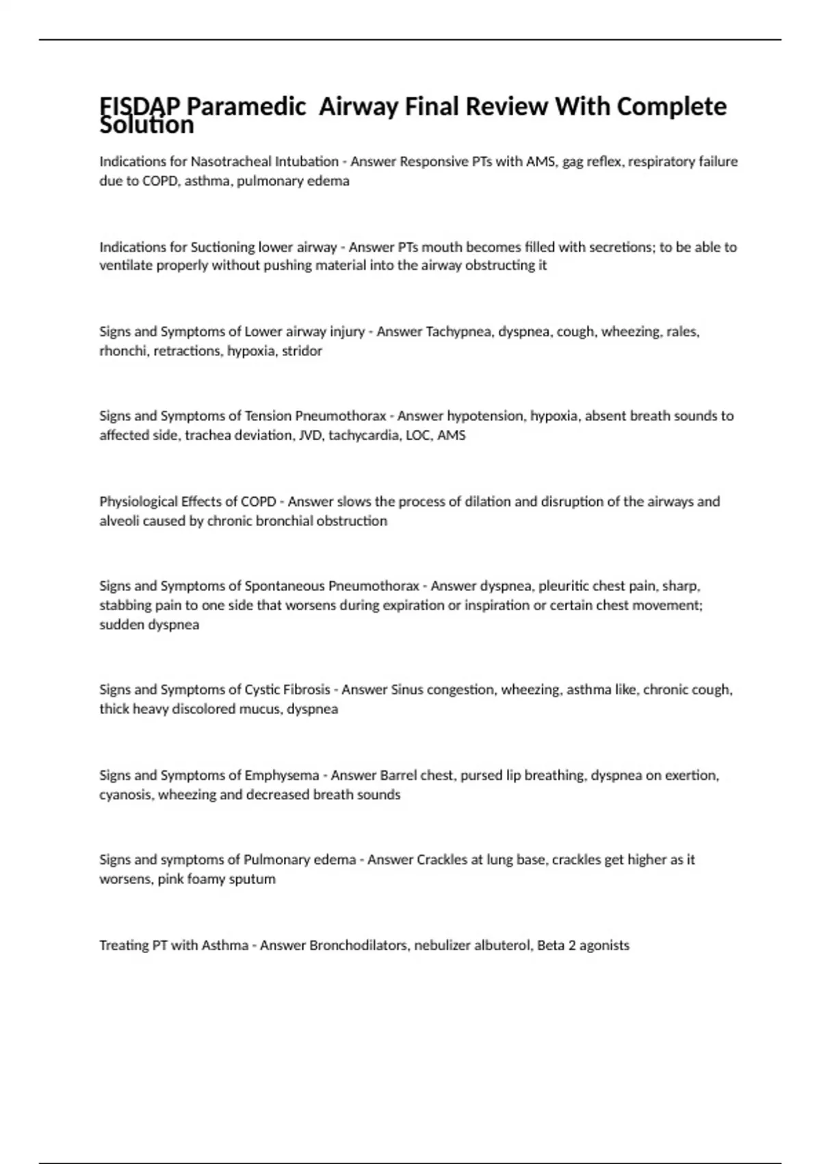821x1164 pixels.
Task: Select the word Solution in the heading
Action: click(x=146, y=125)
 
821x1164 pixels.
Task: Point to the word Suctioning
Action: click(x=222, y=246)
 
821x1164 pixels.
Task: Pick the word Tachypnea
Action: click(x=458, y=331)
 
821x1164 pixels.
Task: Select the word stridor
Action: click(x=302, y=351)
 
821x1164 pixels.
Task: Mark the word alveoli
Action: click(x=119, y=520)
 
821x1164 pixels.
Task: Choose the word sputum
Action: click(x=255, y=878)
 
